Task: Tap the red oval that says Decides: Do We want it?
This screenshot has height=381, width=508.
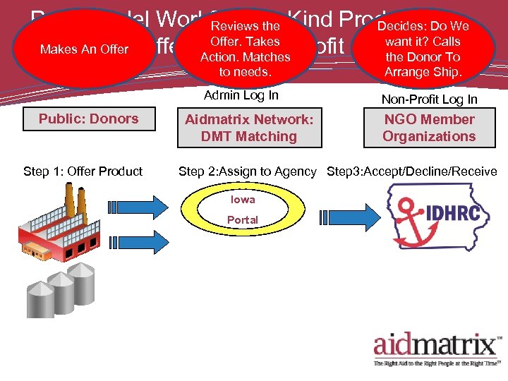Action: coord(423,48)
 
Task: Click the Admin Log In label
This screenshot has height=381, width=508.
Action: coord(241,95)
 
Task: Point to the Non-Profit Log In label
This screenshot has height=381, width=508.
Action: coord(429,99)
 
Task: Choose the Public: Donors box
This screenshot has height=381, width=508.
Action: coord(88,119)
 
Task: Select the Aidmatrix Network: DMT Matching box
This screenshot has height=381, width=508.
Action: coord(248,128)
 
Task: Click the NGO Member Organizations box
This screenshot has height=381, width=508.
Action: coord(429,128)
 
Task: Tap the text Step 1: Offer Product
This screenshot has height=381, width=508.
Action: coord(83,171)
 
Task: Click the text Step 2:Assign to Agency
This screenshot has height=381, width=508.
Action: coord(247,171)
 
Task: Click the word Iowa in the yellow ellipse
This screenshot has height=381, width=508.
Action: coord(243,200)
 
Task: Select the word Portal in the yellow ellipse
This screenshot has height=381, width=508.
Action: coord(243,220)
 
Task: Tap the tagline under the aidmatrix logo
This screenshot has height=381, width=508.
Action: coord(437,363)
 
